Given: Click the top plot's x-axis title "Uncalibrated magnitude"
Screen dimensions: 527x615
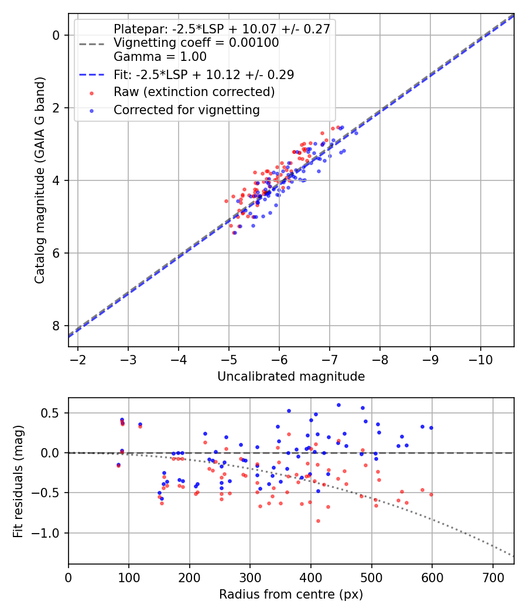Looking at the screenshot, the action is pyautogui.click(x=291, y=377).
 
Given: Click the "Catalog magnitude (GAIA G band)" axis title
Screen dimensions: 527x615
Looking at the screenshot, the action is pyautogui.click(x=40, y=180).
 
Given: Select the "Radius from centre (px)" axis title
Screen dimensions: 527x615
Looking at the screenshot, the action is pyautogui.click(x=291, y=594).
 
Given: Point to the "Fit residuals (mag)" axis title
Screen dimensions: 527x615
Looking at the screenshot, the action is pyautogui.click(x=18, y=481).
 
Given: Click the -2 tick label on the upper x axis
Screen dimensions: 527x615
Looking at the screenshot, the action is pyautogui.click(x=78, y=360).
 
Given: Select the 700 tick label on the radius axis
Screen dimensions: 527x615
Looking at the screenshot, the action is pyautogui.click(x=493, y=578).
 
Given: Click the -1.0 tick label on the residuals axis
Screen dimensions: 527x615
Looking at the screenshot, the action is pyautogui.click(x=45, y=534).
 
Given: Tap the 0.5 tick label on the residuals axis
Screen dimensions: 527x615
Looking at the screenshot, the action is pyautogui.click(x=50, y=414).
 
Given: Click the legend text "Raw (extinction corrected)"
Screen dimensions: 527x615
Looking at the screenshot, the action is pyautogui.click(x=194, y=92).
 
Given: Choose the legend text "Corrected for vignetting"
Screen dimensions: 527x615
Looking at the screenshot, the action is pyautogui.click(x=187, y=110).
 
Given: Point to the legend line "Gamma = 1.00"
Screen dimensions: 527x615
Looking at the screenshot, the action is pyautogui.click(x=160, y=57).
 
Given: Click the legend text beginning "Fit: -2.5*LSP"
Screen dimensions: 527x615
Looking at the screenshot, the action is pyautogui.click(x=204, y=74).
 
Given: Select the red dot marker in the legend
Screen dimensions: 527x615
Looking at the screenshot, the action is pyautogui.click(x=92, y=93).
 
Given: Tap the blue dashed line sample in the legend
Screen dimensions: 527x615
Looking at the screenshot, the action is pyautogui.click(x=92, y=74).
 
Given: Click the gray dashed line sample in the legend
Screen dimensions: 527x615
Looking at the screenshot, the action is pyautogui.click(x=92, y=44).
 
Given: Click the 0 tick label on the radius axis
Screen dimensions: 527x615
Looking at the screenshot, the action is pyautogui.click(x=69, y=578).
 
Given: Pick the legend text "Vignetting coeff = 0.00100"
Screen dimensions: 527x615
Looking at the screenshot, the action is pyautogui.click(x=196, y=43).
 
